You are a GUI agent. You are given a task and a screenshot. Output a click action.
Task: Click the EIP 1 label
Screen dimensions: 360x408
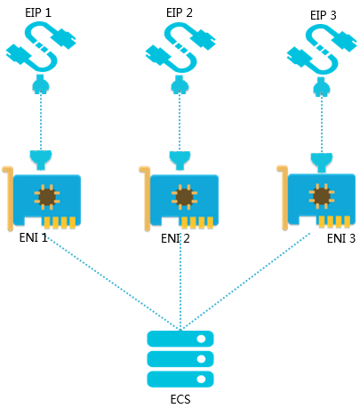38,13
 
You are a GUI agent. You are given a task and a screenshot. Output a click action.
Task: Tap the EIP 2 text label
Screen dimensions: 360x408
180,13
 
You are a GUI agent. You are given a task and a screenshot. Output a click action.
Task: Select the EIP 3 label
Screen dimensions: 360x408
324,15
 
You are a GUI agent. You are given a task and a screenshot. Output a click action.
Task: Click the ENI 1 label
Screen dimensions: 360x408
34,237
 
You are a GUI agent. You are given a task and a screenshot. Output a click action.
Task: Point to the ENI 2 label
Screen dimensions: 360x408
175,238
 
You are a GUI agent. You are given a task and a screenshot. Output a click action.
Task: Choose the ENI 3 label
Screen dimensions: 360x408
341,238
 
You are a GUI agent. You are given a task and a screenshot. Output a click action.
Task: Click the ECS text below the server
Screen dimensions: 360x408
180,399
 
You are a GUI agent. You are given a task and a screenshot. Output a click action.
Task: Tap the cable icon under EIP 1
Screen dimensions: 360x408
41,47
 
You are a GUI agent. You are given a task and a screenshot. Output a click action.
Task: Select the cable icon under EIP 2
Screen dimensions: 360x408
180,47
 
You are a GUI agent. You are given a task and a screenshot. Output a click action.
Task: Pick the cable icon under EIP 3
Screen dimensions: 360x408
322,49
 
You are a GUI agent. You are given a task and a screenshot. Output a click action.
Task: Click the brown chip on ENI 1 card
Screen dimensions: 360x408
47,196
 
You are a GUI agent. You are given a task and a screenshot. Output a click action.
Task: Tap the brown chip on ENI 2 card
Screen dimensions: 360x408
184,196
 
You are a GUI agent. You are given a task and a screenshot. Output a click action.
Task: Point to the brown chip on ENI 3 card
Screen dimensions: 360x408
322,196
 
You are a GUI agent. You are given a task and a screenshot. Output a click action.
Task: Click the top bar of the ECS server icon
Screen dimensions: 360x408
180,339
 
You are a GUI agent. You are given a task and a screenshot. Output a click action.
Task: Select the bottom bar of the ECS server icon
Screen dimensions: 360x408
180,379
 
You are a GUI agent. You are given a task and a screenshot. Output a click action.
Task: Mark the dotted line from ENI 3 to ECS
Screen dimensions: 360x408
246,281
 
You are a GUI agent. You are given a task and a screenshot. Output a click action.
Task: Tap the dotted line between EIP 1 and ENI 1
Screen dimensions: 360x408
41,122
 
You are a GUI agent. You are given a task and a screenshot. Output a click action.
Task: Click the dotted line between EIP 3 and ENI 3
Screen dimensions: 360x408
322,124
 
